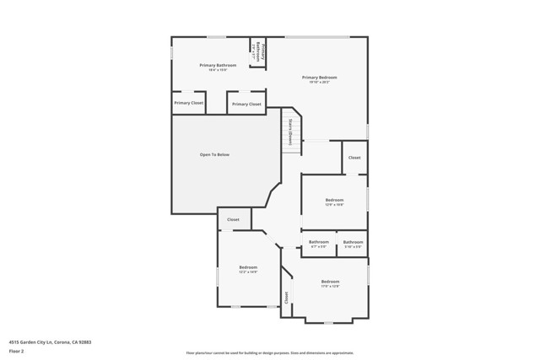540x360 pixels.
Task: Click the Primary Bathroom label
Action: click(218, 65)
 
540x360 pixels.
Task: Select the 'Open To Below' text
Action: click(214, 154)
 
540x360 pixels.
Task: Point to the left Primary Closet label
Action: click(188, 103)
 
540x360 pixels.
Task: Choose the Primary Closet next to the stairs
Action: click(246, 104)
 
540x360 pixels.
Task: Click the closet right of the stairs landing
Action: click(354, 158)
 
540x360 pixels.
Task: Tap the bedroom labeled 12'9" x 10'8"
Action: click(334, 200)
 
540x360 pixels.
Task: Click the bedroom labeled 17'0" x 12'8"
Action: click(330, 282)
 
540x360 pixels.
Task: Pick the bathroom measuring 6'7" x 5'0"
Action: click(319, 244)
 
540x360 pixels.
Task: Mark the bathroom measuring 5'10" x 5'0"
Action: click(353, 244)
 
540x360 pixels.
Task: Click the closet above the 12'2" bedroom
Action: click(233, 219)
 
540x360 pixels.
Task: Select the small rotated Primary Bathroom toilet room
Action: click(257, 51)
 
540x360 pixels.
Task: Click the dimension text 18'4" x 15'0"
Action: click(218, 70)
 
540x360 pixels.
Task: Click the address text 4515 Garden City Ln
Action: click(50, 342)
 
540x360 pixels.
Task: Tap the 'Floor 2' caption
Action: click(17, 351)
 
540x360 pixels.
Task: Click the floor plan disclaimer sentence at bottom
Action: click(269, 353)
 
